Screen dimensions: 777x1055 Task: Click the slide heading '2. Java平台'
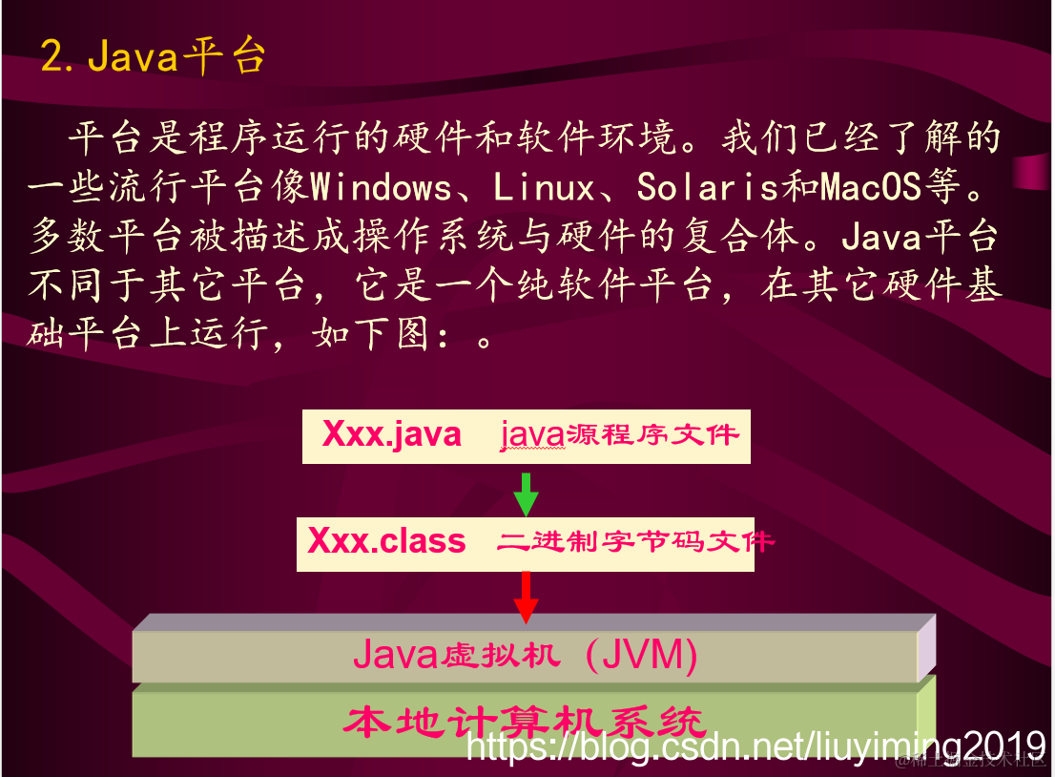(x=153, y=57)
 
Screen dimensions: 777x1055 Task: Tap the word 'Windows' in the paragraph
(x=382, y=187)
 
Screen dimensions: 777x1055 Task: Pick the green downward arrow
(x=526, y=493)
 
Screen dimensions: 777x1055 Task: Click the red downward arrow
(x=526, y=597)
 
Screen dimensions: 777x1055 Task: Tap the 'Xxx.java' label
(x=392, y=435)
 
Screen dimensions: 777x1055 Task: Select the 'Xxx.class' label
(x=386, y=542)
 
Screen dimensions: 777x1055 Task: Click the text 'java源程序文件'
(x=620, y=435)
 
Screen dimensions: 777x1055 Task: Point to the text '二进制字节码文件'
(x=634, y=542)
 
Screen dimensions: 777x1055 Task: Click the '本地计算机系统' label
(x=526, y=722)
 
